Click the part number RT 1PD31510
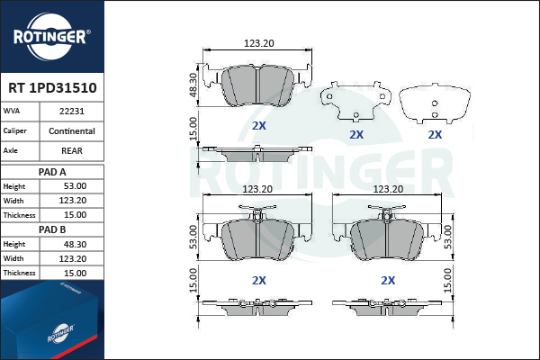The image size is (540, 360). click(52, 88)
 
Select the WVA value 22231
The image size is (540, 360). click(72, 112)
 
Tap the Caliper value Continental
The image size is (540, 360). click(72, 131)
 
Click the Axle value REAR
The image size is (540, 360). click(72, 151)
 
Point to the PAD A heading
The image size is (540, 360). click(52, 172)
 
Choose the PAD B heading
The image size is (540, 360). click(52, 229)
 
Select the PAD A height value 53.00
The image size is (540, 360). click(75, 186)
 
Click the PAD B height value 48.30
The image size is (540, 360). click(75, 244)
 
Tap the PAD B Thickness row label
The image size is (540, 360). click(19, 273)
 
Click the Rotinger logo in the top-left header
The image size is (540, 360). click(51, 37)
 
